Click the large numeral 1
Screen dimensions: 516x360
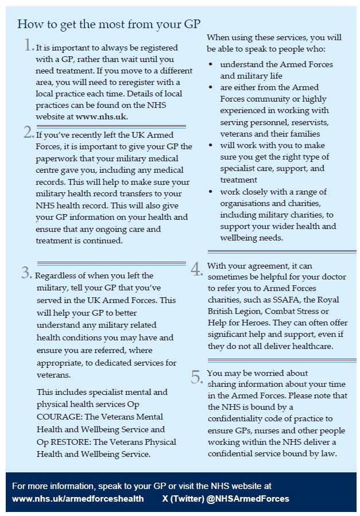pos(28,46)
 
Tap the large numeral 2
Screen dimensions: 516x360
pos(28,133)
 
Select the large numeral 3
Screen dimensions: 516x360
pos(26,273)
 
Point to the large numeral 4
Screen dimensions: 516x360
pos(196,269)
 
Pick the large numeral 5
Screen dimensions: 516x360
pos(196,377)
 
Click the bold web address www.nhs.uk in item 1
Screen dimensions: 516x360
pos(101,116)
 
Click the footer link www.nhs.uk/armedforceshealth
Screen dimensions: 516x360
pos(78,499)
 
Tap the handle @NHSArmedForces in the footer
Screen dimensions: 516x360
pos(252,499)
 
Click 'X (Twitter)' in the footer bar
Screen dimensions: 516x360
pos(183,499)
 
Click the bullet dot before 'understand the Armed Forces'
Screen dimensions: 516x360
pos(211,64)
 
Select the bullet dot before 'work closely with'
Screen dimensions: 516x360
pos(211,192)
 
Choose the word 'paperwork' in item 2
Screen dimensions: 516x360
pos(56,158)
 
